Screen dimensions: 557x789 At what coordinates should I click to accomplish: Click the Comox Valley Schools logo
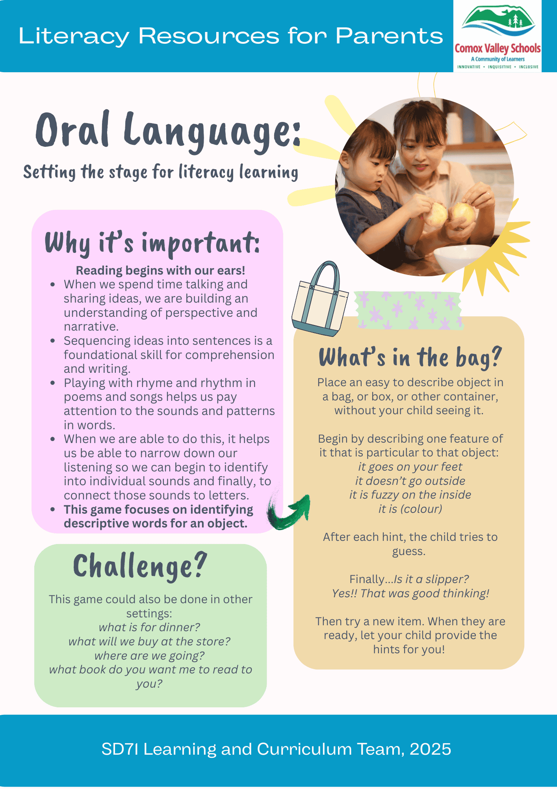pyautogui.click(x=498, y=36)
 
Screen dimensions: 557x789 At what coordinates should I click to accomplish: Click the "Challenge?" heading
pyautogui.click(x=140, y=567)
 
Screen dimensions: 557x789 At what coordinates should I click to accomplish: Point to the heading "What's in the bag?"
pyautogui.click(x=410, y=357)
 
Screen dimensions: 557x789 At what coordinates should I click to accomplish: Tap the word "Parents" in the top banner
pyautogui.click(x=389, y=36)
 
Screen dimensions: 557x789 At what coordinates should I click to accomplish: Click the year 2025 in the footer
pyautogui.click(x=431, y=749)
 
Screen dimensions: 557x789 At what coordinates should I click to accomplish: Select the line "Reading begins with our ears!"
pyautogui.click(x=160, y=270)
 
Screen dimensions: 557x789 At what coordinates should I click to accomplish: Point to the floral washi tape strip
pyautogui.click(x=408, y=310)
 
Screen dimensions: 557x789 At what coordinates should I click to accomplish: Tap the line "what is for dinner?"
pyautogui.click(x=149, y=627)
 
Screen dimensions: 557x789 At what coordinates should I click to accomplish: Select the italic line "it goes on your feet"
pyautogui.click(x=410, y=467)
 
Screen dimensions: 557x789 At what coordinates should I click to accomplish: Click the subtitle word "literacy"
pyautogui.click(x=206, y=172)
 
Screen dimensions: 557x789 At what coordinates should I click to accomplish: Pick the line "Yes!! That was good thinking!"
pyautogui.click(x=410, y=593)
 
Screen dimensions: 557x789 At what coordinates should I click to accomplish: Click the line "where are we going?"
pyautogui.click(x=150, y=656)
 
